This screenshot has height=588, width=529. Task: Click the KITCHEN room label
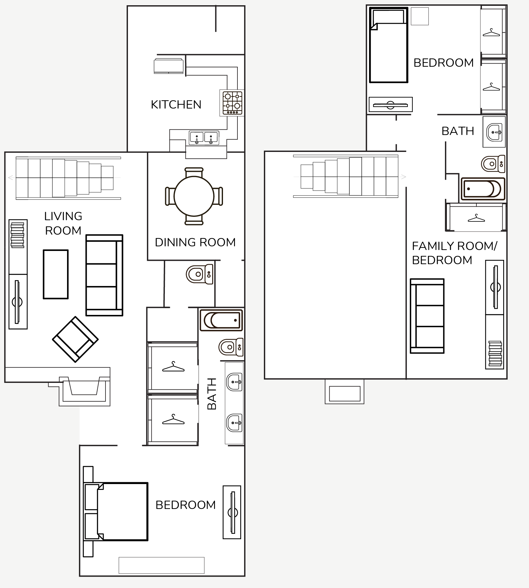[x=176, y=105]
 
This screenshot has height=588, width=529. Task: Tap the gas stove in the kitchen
[x=232, y=103]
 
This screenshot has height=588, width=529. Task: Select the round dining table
[x=194, y=196]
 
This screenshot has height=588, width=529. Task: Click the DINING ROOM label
[x=195, y=242]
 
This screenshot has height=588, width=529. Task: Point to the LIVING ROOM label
[x=63, y=223]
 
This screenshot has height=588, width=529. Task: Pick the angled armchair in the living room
[x=75, y=339]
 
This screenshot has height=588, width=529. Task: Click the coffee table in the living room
[x=56, y=274]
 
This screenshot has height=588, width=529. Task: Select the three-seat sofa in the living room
[x=105, y=275]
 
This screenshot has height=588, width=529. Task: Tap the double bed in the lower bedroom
[x=116, y=511]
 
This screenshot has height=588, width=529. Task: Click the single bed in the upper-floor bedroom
[x=388, y=45]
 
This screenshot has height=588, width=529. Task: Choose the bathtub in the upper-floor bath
[x=483, y=189]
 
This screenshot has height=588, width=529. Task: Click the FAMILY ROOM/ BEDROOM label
[x=454, y=253]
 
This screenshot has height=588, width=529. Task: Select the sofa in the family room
[x=427, y=316]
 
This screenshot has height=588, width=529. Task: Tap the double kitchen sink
[x=204, y=138]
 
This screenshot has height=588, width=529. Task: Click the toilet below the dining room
[x=200, y=274]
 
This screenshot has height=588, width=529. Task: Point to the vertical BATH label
[x=212, y=394]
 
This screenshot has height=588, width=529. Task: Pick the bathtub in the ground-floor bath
[x=221, y=320]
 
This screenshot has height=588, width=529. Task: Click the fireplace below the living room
[x=85, y=391]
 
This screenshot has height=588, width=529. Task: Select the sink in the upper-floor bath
[x=494, y=132]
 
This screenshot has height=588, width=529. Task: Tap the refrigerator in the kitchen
[x=169, y=66]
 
